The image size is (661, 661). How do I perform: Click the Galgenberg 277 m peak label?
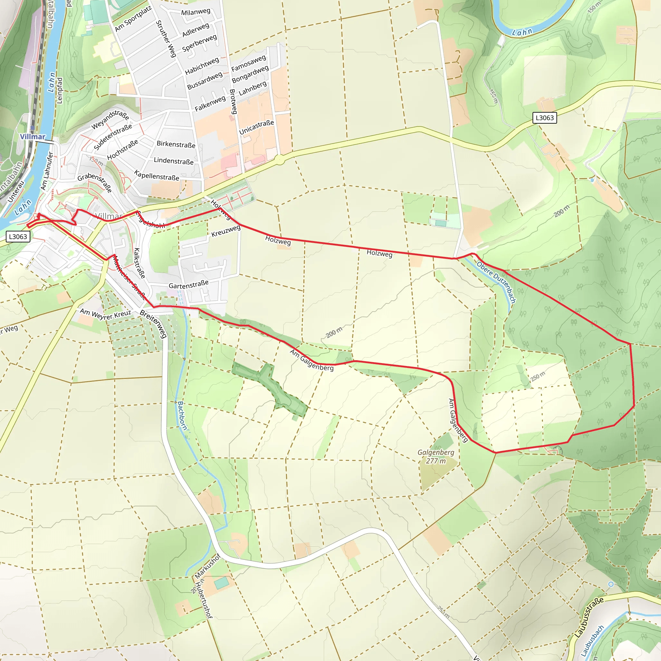436,456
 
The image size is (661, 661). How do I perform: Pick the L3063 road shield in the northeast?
545,118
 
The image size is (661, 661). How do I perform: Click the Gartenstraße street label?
188,284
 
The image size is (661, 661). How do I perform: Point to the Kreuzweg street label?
226,231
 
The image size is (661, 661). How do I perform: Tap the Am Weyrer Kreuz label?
105,314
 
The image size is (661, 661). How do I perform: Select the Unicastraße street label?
256,127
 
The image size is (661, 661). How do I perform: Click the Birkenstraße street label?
176,144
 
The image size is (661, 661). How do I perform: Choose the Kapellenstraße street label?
157,176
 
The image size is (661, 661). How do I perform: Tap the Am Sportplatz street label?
133,19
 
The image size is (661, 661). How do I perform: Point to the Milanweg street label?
196,12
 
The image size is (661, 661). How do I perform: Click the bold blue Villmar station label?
33,137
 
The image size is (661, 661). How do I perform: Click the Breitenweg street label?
154,324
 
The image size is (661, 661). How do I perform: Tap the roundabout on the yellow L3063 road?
280,159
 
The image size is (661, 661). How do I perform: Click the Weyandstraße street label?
110,120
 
